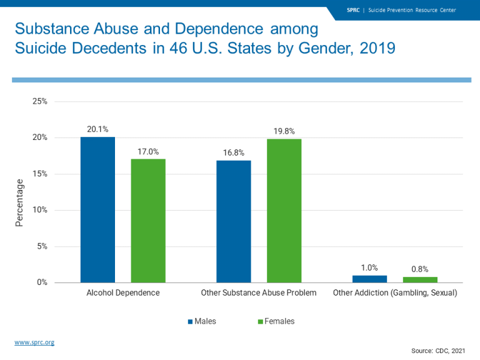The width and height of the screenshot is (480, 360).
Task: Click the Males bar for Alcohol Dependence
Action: coord(97,209)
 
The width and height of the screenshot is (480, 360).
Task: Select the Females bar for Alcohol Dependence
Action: coord(148,221)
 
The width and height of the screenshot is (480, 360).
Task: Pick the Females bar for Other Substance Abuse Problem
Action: coord(284,211)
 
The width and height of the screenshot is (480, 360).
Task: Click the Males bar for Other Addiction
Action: coord(369,279)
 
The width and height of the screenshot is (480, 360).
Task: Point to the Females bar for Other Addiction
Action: coord(420,279)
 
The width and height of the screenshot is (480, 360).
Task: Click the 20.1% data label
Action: coord(97,129)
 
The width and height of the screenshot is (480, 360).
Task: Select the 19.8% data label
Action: coord(284,131)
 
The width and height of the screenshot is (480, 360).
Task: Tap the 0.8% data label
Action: coord(420,269)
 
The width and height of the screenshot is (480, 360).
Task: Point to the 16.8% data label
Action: coord(234,152)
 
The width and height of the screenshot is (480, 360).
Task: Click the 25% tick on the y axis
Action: coord(40,101)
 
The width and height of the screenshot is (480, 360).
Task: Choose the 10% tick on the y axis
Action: coord(40,210)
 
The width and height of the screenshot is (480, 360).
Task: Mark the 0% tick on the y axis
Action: coord(42,282)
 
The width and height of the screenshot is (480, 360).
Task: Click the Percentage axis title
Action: coord(19,202)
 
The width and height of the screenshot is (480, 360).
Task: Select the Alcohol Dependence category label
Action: coord(123,292)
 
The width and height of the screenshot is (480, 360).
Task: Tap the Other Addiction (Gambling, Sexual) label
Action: coord(395,292)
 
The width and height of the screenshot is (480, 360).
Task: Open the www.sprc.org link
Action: coord(34,342)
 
